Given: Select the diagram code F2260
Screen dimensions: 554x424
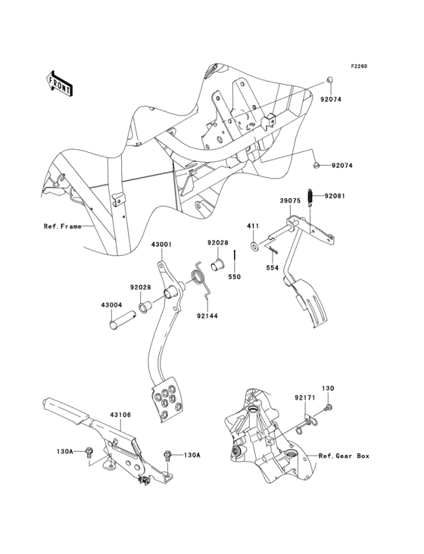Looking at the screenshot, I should point(358,66).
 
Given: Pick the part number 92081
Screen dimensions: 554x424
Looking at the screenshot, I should point(335,195).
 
